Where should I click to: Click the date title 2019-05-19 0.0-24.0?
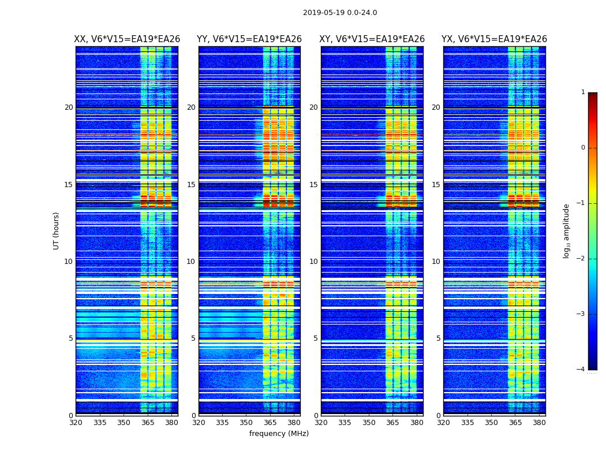(340, 13)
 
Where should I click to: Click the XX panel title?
(127, 39)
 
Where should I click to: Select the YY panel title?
(249, 39)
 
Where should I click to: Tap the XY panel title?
(372, 39)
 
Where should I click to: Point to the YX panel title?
(494, 39)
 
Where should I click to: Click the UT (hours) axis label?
(57, 230)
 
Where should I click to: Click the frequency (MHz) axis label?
(279, 434)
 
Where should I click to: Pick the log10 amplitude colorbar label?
(567, 230)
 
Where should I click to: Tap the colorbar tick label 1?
(583, 92)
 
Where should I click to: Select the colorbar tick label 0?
(583, 148)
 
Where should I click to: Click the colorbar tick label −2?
(582, 259)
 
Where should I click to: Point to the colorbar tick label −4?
(582, 370)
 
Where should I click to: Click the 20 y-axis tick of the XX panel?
(69, 107)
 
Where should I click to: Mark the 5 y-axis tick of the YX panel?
(438, 338)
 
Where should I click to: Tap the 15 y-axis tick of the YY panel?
(191, 185)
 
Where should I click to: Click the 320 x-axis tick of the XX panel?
(76, 423)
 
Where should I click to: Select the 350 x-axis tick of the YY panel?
(246, 423)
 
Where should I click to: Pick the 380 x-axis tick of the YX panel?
(539, 423)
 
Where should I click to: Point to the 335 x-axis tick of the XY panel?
(345, 423)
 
